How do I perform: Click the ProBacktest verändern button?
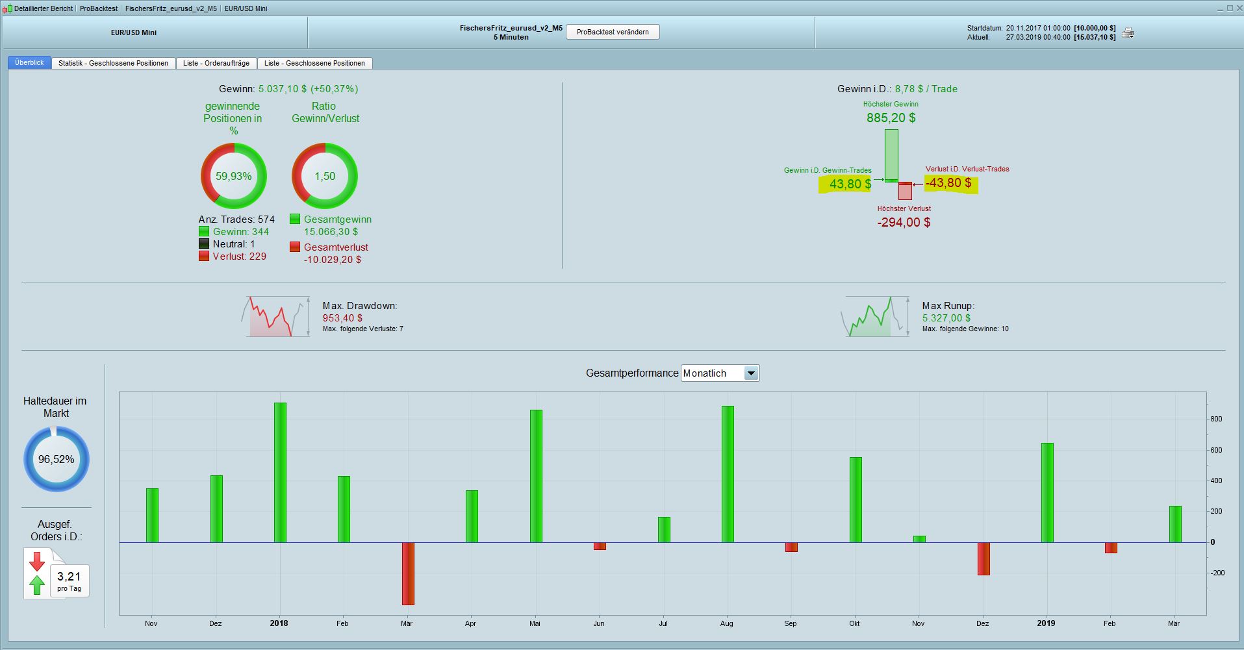pos(613,32)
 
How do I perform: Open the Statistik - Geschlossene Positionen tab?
pos(113,63)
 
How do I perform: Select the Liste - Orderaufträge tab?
pos(216,63)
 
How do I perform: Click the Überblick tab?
pos(29,62)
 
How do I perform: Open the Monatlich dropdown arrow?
pos(751,373)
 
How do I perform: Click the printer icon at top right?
pos(1128,32)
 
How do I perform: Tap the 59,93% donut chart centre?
pos(234,176)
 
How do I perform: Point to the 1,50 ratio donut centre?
pos(325,176)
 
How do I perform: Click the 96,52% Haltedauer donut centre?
pos(57,459)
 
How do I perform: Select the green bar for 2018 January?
pos(280,472)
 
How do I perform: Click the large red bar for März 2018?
pos(408,573)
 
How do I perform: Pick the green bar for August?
pos(728,474)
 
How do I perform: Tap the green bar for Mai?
pos(536,476)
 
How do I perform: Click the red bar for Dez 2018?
pos(984,558)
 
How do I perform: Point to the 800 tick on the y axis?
pos(1216,419)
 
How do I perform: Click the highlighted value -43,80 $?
pos(948,183)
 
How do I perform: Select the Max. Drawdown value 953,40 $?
pos(342,318)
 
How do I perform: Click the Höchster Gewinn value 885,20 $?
pos(891,118)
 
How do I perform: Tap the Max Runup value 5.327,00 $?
pos(946,318)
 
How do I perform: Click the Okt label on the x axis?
pos(854,623)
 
